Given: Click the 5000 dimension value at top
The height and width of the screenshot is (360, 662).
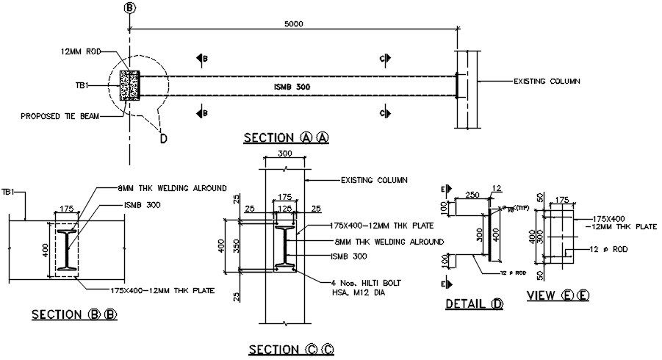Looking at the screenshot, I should pos(295,24).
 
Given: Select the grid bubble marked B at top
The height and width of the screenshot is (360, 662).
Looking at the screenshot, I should pos(130,8).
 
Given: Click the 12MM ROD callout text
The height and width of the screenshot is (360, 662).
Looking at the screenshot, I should pos(80,52).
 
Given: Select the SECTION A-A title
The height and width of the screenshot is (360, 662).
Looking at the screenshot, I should pos(286,137).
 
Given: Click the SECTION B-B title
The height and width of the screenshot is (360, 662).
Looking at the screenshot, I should pos(73,314).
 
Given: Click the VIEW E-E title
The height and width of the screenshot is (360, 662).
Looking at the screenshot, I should pos(558,296).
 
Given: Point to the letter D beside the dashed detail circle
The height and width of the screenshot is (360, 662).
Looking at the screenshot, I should pos(164,137).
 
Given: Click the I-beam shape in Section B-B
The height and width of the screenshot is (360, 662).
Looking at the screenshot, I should pos(67,251).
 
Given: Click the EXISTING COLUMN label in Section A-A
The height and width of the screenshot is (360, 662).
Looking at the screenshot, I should pos(547,80).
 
